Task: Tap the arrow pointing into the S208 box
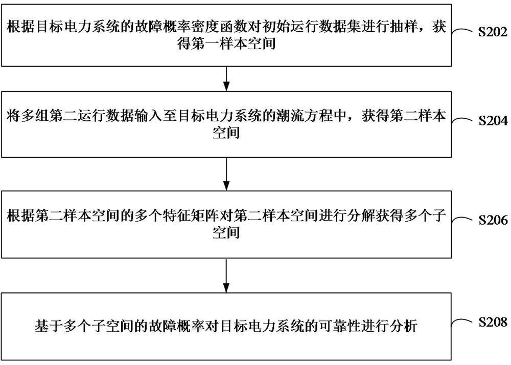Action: click(226, 276)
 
